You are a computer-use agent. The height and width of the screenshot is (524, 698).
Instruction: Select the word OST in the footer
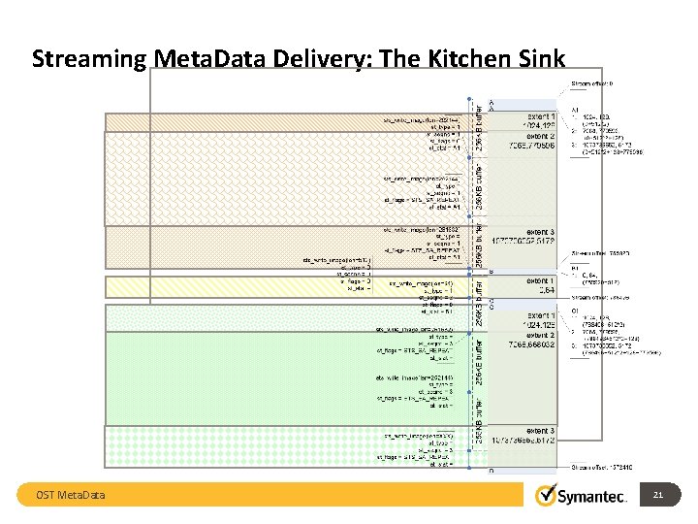47,497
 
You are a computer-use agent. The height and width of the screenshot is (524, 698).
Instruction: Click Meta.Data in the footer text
83,497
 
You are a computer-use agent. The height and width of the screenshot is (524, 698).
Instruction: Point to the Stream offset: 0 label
599,85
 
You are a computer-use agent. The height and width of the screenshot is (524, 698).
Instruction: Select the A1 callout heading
575,111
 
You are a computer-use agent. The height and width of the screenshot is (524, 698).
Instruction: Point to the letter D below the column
490,473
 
